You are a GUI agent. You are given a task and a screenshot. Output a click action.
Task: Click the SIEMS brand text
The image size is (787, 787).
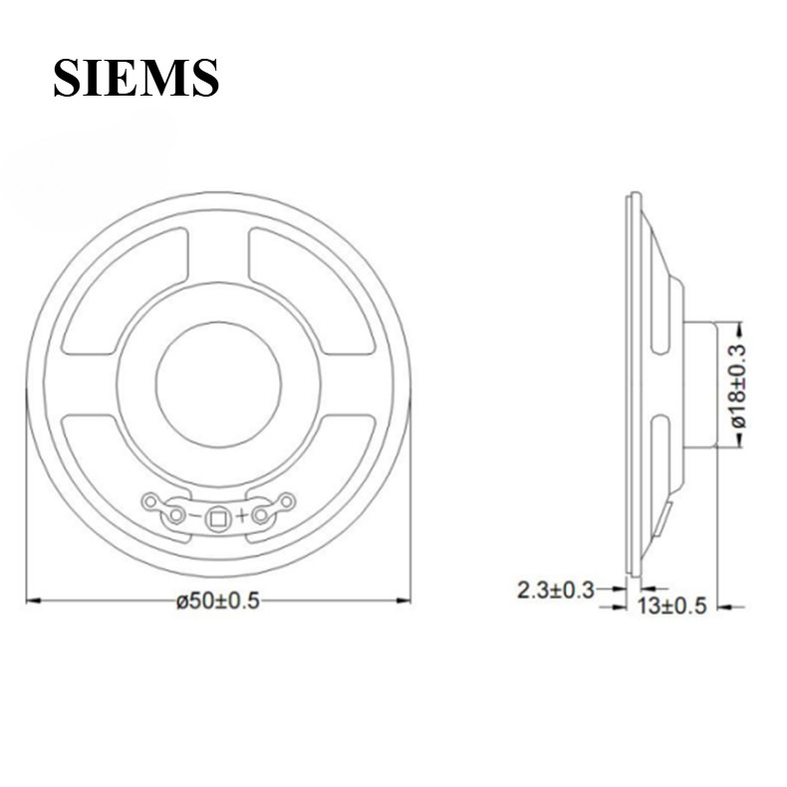click(x=135, y=78)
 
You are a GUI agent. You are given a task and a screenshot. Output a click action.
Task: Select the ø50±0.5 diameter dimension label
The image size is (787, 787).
click(x=217, y=603)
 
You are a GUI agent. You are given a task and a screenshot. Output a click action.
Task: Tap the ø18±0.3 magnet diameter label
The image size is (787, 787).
click(x=738, y=386)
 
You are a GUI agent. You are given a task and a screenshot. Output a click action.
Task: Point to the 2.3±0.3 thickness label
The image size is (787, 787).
click(x=555, y=590)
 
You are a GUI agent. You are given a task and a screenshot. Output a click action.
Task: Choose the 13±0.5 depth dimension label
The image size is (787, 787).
click(x=671, y=606)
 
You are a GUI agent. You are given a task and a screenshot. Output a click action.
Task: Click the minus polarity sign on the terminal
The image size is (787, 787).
click(x=194, y=516)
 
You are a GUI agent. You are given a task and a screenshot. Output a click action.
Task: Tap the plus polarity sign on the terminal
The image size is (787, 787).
click(x=241, y=516)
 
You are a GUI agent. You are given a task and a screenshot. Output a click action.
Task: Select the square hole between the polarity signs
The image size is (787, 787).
click(x=217, y=516)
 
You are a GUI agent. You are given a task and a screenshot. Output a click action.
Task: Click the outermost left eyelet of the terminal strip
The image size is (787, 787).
click(x=151, y=500)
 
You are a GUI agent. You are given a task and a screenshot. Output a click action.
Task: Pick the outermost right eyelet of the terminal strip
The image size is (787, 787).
click(x=285, y=500)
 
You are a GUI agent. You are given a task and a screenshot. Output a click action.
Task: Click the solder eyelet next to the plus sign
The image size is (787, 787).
click(x=261, y=515)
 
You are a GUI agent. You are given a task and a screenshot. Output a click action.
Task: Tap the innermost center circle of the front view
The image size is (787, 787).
click(x=217, y=384)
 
